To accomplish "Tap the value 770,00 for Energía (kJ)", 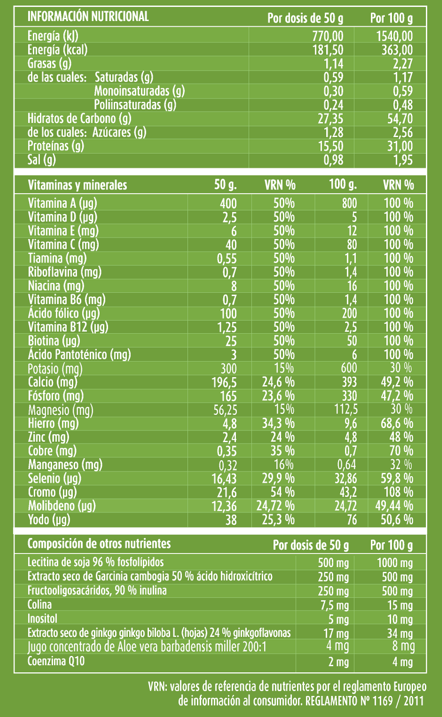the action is click(x=328, y=36).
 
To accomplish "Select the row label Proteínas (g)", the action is click(x=56, y=146).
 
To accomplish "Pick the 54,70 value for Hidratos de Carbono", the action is click(x=400, y=119).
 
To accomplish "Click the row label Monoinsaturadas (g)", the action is click(x=140, y=91).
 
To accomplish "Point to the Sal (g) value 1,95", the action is click(x=403, y=160).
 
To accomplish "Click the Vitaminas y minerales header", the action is click(x=78, y=185).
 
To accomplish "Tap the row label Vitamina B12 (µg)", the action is click(x=68, y=327).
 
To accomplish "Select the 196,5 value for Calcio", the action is click(x=224, y=382).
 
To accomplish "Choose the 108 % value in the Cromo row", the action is click(x=399, y=492).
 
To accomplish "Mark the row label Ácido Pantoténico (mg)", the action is click(x=80, y=354).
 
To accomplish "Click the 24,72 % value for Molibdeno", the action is click(x=276, y=506).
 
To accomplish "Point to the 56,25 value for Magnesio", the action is click(x=225, y=410).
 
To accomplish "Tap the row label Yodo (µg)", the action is click(x=49, y=520).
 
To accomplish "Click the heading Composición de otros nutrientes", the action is click(x=99, y=544).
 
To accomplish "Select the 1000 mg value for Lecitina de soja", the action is click(x=395, y=563).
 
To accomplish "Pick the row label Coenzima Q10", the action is click(x=56, y=661).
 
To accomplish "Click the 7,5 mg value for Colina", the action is click(x=335, y=605).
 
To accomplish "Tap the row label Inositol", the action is click(x=42, y=619).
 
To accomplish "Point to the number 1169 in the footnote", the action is click(x=383, y=701).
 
